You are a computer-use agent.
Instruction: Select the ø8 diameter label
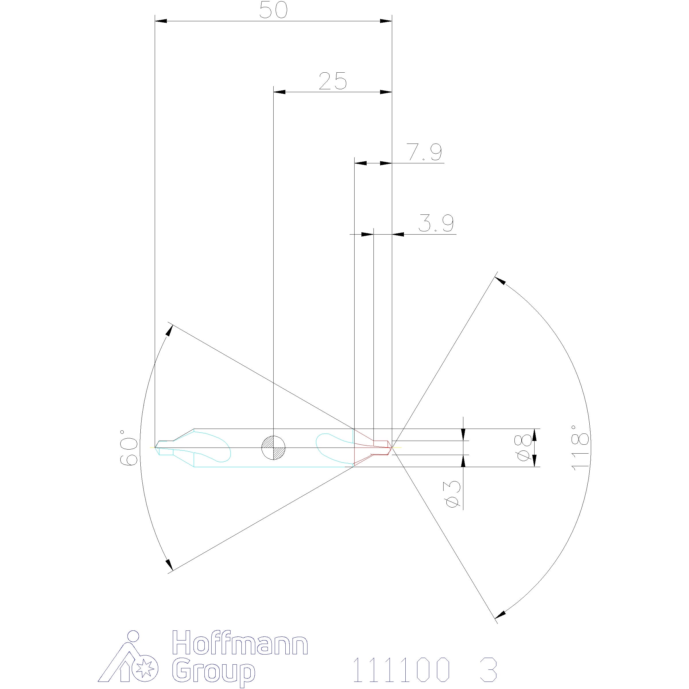click(524, 448)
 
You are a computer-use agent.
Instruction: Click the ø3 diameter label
click(453, 493)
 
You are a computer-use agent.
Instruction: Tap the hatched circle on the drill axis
click(273, 448)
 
